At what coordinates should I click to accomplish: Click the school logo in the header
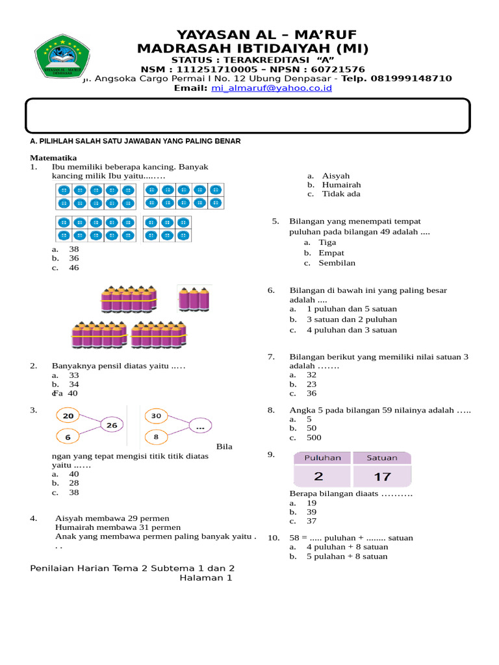pyautogui.click(x=62, y=56)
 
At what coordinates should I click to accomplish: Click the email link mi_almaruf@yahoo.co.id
pyautogui.click(x=271, y=88)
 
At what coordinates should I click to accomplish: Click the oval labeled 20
pyautogui.click(x=68, y=416)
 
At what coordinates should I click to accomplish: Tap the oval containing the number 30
pyautogui.click(x=156, y=416)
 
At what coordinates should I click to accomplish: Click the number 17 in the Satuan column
pyautogui.click(x=382, y=477)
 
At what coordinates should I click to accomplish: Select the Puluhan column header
pyautogui.click(x=318, y=458)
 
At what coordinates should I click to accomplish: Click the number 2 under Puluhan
pyautogui.click(x=318, y=477)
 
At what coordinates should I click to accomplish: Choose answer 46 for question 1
pyautogui.click(x=73, y=268)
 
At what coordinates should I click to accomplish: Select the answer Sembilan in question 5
pyautogui.click(x=337, y=263)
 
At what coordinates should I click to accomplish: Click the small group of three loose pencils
pyautogui.click(x=194, y=299)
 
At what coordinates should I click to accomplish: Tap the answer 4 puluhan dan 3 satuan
pyautogui.click(x=352, y=330)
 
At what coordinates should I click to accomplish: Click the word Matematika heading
pyautogui.click(x=54, y=158)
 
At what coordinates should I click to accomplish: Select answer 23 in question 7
pyautogui.click(x=311, y=384)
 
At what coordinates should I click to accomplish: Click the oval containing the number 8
pyautogui.click(x=156, y=438)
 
